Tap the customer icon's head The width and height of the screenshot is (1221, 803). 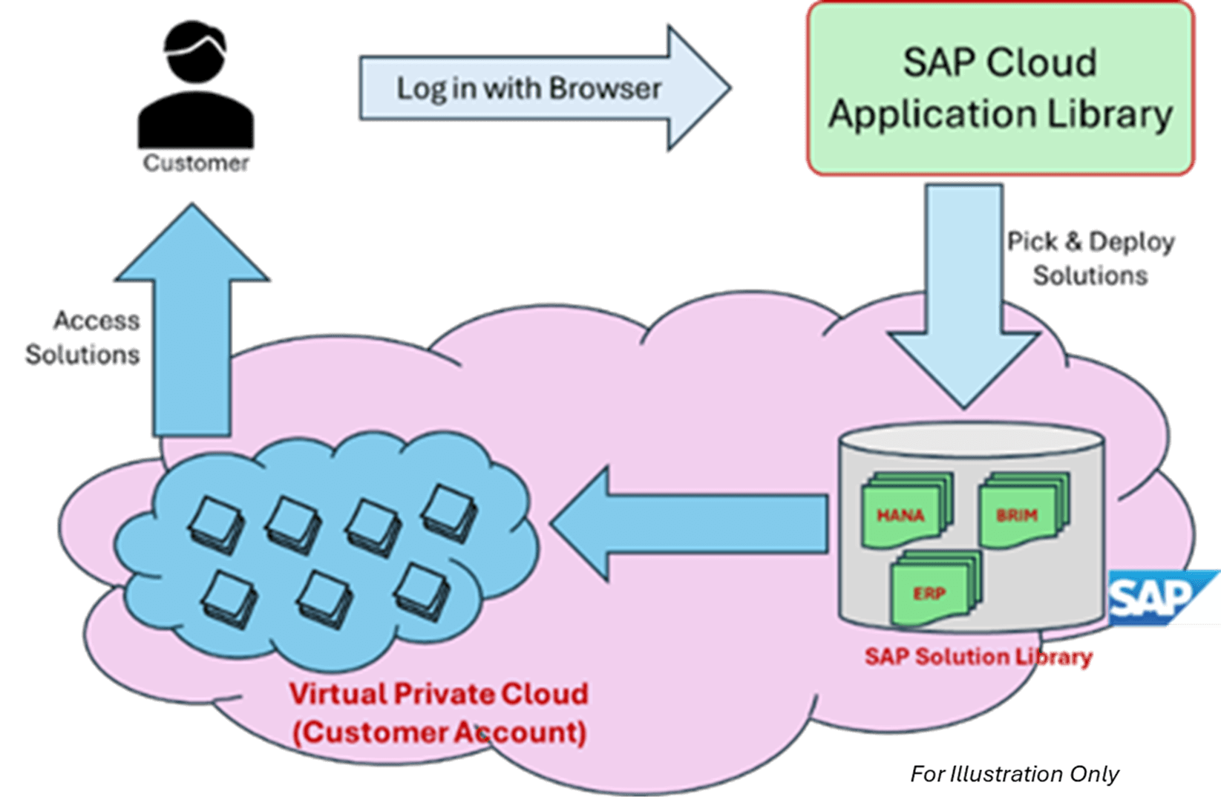point(194,52)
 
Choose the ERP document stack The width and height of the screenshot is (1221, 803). point(934,589)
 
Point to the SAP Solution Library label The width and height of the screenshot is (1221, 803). point(978,657)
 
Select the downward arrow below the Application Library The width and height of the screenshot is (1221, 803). point(963,297)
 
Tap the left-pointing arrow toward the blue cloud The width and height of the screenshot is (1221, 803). point(690,524)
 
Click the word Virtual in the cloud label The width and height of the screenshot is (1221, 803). point(337,694)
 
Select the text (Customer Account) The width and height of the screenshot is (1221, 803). point(439,733)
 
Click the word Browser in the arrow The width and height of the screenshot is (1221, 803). point(605,89)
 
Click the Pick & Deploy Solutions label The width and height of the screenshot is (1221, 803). point(1091,258)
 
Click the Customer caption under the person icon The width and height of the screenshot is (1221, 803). point(195,163)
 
